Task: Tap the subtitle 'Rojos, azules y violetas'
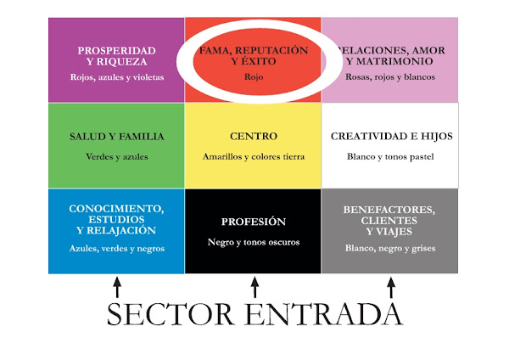click(x=117, y=77)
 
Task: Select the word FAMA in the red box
click(x=215, y=51)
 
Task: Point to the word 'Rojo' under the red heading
click(x=253, y=76)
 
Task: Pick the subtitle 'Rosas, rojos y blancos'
click(x=390, y=77)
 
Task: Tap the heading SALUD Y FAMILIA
click(x=117, y=136)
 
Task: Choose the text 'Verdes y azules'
click(x=117, y=156)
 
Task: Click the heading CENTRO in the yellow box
click(x=253, y=136)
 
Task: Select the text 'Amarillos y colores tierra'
click(x=253, y=156)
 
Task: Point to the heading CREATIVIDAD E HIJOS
click(x=391, y=136)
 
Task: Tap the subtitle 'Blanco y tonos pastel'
click(x=390, y=156)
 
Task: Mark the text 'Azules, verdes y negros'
click(x=117, y=249)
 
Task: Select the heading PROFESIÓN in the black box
click(x=253, y=222)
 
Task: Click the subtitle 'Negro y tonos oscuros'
click(x=253, y=242)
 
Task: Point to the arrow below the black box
click(x=253, y=289)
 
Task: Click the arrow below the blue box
click(x=117, y=289)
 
